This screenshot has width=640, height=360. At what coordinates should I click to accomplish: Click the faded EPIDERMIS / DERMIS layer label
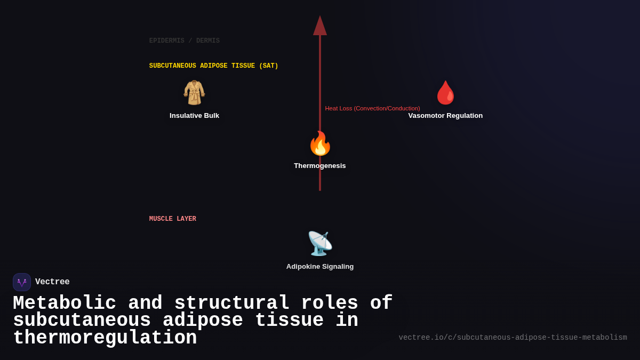click(x=184, y=41)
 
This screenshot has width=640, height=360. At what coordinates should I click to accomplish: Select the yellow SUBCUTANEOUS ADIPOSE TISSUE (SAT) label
click(x=213, y=66)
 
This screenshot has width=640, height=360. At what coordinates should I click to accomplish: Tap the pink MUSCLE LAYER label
click(x=172, y=219)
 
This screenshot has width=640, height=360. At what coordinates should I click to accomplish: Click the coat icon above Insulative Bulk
click(x=194, y=93)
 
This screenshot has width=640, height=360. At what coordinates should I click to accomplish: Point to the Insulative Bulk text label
click(x=194, y=116)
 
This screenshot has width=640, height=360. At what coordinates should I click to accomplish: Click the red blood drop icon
click(x=445, y=93)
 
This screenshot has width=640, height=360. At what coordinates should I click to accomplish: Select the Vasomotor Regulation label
click(x=445, y=116)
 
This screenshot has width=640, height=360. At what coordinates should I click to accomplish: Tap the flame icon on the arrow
click(x=320, y=143)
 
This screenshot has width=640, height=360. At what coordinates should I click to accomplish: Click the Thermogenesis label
click(x=320, y=166)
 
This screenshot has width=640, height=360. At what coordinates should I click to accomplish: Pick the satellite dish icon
click(x=320, y=244)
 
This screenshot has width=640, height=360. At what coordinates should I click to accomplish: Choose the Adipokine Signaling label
click(x=320, y=267)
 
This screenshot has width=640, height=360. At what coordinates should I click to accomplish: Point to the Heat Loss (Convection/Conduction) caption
click(x=372, y=108)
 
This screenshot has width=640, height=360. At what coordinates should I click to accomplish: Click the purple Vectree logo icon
click(x=22, y=282)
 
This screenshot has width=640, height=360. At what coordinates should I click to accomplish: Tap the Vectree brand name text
click(x=52, y=282)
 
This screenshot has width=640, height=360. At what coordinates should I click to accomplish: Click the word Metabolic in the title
click(x=65, y=303)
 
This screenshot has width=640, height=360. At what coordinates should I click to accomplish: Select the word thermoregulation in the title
click(x=105, y=338)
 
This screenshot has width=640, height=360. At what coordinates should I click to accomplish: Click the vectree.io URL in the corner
click(x=513, y=338)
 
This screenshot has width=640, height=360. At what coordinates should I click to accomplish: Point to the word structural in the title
click(x=232, y=303)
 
